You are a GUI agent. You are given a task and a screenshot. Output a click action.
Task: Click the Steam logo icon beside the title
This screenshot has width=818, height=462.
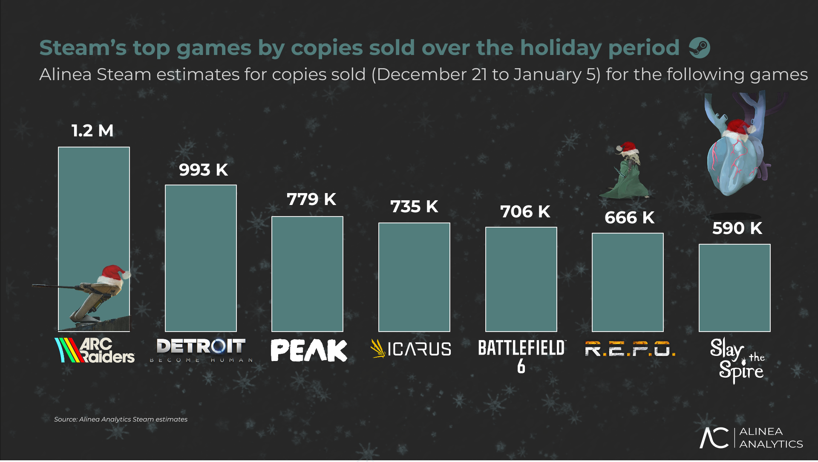click(700, 48)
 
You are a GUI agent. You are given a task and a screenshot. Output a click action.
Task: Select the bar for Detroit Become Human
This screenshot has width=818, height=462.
click(201, 258)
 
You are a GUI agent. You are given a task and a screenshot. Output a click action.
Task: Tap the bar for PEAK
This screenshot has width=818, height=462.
click(307, 274)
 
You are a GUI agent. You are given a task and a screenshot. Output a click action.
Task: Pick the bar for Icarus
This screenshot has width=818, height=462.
click(414, 277)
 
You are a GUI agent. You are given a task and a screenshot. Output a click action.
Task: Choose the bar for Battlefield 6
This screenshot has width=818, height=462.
click(521, 279)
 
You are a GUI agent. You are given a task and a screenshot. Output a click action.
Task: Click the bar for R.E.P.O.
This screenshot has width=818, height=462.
click(628, 282)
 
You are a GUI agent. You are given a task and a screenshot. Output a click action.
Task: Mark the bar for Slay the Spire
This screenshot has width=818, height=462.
click(734, 288)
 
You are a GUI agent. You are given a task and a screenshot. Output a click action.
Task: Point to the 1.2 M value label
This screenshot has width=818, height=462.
click(92, 131)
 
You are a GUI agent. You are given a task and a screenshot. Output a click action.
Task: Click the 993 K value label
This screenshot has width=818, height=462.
click(203, 170)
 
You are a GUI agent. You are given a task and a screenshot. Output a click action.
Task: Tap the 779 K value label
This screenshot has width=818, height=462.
click(311, 199)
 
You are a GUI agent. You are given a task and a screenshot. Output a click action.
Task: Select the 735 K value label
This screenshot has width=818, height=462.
click(414, 206)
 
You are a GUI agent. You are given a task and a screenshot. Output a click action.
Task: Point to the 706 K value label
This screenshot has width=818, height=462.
click(525, 211)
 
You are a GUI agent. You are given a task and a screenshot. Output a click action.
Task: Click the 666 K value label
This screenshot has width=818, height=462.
click(629, 217)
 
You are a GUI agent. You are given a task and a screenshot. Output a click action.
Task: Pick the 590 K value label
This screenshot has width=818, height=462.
click(737, 228)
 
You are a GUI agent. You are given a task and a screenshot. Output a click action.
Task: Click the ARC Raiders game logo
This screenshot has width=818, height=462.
click(95, 350)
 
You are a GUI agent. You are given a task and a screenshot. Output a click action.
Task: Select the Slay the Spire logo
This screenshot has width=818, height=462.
click(738, 360)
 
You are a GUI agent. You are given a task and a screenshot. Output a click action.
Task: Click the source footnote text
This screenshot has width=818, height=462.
click(121, 419)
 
